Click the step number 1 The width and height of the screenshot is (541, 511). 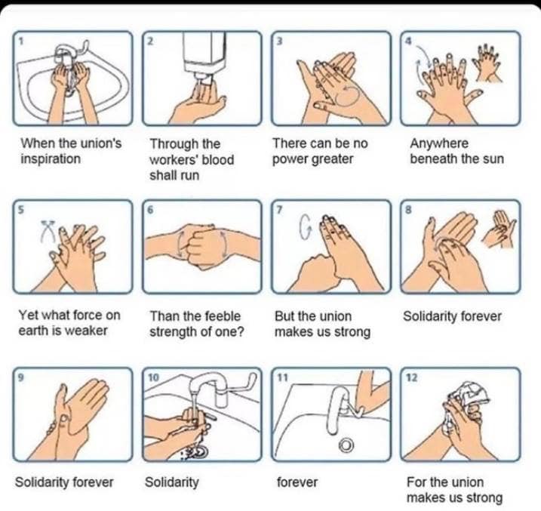point(21,42)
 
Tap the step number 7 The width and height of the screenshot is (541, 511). point(279,209)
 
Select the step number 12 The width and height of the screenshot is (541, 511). point(412,377)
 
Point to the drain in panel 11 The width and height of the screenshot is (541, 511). point(346,445)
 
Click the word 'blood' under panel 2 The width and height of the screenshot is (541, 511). point(218,160)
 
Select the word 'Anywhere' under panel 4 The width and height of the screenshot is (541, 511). point(439,143)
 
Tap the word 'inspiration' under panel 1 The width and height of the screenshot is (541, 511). point(51,159)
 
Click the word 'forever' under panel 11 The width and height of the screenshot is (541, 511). point(297,482)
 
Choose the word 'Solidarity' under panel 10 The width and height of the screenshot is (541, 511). point(172,482)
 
